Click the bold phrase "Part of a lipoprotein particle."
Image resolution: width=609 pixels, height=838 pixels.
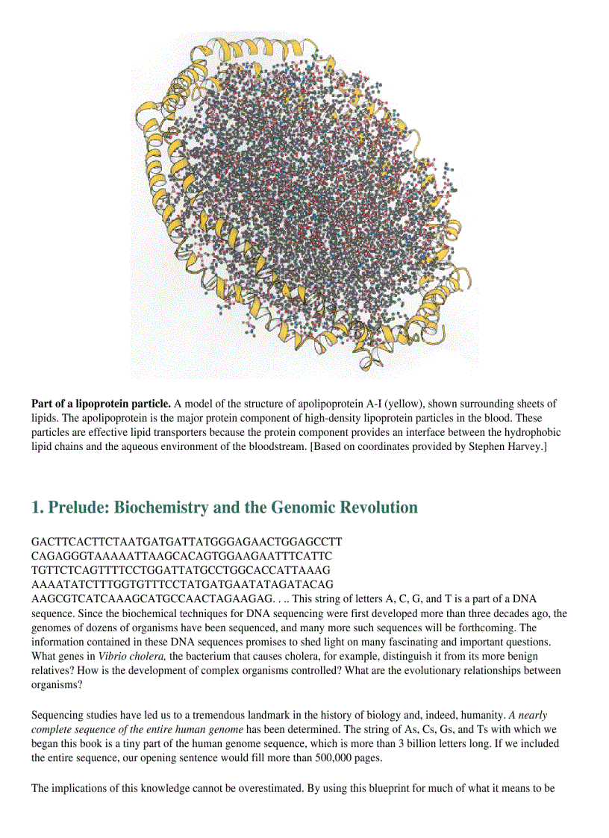pos(101,404)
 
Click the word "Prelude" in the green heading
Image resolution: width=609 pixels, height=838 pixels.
pos(81,508)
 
